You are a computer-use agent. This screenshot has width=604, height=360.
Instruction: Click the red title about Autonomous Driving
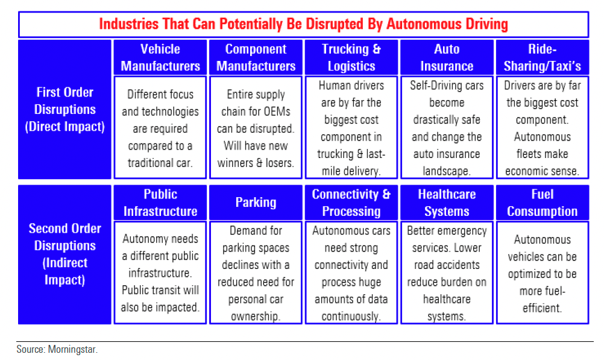coord(303,24)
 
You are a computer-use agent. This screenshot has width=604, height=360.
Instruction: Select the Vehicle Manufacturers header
coord(160,57)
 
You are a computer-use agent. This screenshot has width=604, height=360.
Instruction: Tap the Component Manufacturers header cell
coord(256,57)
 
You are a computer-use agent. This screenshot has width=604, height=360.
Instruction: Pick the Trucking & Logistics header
coord(351,57)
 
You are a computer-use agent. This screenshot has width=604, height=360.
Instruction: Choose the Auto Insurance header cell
coord(447,57)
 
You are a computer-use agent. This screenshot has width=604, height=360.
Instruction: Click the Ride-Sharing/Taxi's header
coord(543,57)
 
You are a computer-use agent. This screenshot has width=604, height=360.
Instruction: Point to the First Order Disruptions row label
coord(64,110)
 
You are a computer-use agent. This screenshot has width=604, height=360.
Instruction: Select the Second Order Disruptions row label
coord(64,254)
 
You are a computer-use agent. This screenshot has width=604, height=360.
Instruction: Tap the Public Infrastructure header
coord(160,203)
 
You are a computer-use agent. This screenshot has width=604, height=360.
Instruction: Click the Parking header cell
coord(256,203)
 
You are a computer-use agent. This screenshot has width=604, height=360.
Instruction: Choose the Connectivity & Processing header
coord(351,203)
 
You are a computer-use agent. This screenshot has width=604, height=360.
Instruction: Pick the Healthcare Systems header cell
coord(447,203)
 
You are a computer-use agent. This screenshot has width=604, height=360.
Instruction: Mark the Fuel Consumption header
coord(543,203)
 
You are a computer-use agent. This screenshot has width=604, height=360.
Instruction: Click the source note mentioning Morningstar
coord(57,350)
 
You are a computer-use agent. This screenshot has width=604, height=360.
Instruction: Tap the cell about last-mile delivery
coord(351,128)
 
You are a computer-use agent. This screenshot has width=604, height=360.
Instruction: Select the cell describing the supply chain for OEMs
coord(256,128)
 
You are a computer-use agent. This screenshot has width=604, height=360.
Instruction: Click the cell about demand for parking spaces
coord(256,273)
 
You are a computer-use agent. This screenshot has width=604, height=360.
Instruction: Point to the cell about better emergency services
coord(447,273)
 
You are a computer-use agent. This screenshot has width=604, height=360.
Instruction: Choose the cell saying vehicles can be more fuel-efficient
coord(543,273)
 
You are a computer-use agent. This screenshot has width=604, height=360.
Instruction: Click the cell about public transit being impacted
coord(160,273)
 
